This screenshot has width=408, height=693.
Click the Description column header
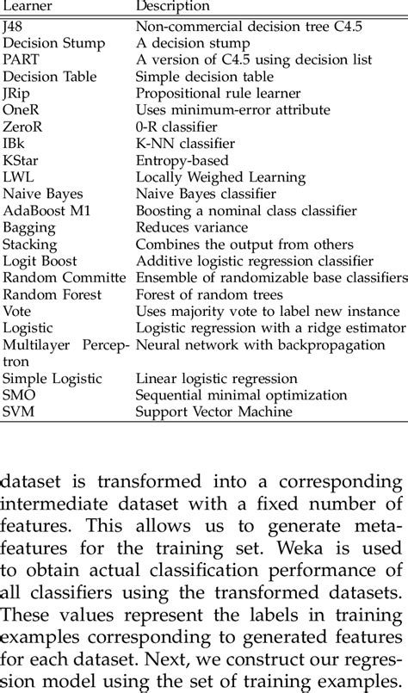point(173,7)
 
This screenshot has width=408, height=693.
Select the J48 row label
point(14,28)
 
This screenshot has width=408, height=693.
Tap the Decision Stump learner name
point(54,43)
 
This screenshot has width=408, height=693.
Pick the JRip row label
point(16,93)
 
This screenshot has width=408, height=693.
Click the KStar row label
point(22,160)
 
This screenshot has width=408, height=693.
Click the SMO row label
point(19,395)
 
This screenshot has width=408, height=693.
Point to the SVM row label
point(18,411)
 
